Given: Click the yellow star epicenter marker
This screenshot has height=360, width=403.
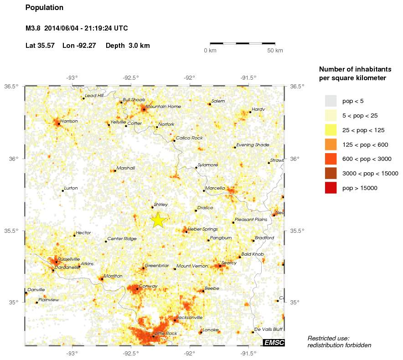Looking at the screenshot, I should coord(157,220).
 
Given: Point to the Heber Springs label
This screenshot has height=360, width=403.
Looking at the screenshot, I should coord(203,229).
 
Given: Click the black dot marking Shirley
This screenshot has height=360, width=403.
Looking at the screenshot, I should coord(152,207).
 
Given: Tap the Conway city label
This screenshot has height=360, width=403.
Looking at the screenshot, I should coord(148,286).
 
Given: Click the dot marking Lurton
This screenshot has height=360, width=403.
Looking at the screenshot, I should coord(62,190).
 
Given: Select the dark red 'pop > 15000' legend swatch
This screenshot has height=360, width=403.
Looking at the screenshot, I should coord(331,188).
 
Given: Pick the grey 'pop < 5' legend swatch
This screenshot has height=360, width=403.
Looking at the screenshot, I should coord(331,101).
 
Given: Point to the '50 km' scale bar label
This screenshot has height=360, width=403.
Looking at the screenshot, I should coord(275,50).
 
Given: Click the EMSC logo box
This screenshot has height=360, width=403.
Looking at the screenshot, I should coord(274,343).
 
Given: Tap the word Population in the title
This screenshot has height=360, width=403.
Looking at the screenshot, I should coord(44,8).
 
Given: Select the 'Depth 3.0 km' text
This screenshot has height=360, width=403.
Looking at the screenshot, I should coord(128,46).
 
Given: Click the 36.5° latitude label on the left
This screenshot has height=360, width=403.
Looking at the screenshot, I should coord(11,86).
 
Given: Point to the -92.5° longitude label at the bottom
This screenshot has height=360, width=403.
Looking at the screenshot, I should coord(131,353).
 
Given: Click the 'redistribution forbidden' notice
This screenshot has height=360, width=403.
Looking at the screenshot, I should coord(339,345).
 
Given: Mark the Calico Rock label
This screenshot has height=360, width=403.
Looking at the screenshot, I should coord(189,138).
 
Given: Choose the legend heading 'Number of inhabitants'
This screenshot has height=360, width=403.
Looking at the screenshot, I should coord(355,69).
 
